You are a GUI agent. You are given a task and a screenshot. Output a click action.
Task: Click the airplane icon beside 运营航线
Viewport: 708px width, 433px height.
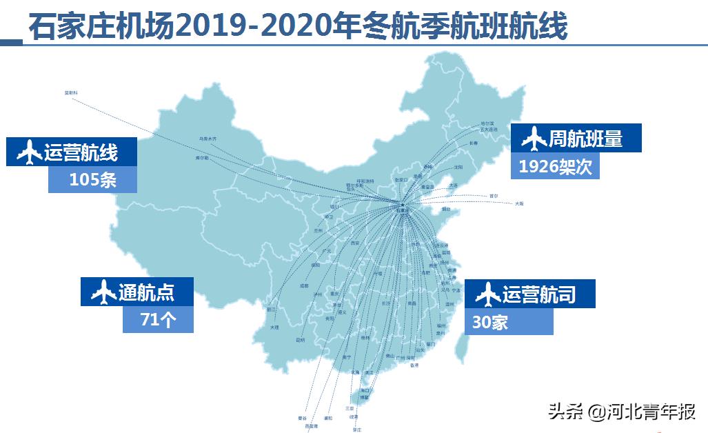[27, 152]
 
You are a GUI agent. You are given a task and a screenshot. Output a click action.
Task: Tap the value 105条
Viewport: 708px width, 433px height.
[92, 180]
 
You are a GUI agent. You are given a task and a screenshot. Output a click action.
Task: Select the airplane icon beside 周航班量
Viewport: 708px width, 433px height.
[534, 139]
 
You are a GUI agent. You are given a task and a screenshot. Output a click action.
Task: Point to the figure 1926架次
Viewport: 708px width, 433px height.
[555, 166]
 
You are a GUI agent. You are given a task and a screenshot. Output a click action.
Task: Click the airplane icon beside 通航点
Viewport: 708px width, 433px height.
[101, 292]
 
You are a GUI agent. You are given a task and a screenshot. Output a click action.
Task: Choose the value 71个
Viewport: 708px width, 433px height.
[157, 320]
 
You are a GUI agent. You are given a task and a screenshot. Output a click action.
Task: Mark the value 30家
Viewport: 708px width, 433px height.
[490, 322]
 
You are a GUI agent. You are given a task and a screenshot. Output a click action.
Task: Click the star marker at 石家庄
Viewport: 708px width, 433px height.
[402, 205]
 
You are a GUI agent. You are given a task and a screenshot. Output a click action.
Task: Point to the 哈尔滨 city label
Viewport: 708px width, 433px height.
[487, 123]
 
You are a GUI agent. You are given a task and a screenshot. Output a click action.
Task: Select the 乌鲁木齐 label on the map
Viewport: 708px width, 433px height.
[208, 139]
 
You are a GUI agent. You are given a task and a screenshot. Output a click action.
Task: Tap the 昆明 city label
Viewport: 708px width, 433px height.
[300, 339]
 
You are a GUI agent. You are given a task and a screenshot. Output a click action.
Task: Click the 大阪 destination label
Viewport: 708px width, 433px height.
[518, 203]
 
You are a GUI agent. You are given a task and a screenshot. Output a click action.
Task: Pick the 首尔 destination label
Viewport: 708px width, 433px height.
[494, 195]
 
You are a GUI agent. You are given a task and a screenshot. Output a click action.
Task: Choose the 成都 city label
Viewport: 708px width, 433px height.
[304, 285]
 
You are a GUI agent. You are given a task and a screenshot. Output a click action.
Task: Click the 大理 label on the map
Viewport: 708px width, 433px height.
[275, 328]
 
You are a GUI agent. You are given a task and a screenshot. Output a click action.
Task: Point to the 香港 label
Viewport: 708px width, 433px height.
[414, 365]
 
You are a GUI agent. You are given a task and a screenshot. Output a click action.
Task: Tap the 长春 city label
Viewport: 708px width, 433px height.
[473, 143]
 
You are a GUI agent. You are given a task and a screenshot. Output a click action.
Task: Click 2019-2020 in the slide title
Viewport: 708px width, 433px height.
[234, 28]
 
